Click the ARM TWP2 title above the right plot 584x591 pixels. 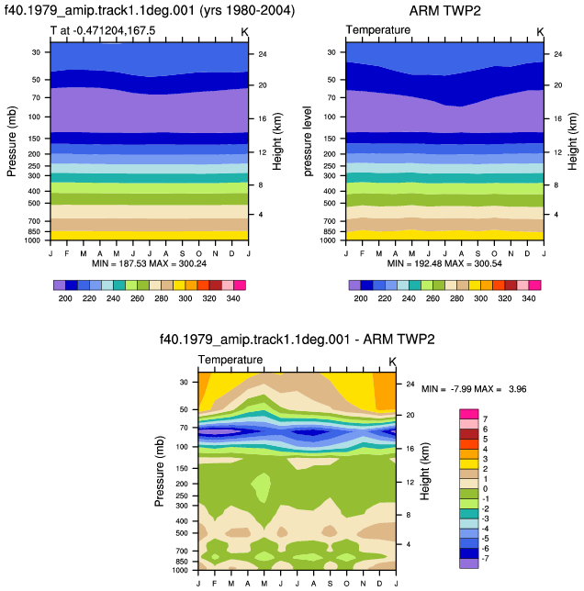coord(444,11)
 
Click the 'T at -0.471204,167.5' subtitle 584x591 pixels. coord(103,30)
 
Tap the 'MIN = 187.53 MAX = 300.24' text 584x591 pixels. coord(150,263)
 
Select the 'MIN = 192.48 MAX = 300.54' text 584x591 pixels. coord(444,263)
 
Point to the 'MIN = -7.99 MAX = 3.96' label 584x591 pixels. coord(474,389)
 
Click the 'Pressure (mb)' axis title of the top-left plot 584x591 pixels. coord(12,141)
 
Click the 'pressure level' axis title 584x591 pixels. coord(308,141)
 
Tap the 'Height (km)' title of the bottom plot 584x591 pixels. coord(425,471)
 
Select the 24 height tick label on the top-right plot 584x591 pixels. coord(558,54)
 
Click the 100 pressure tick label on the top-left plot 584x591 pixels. coord(34,117)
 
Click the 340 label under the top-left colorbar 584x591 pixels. coord(233,298)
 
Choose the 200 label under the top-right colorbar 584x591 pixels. coord(361,298)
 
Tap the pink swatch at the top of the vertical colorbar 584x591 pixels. coord(469,414)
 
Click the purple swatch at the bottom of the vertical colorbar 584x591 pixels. coord(469,563)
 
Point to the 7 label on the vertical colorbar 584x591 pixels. coord(485,419)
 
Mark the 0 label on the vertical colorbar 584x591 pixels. coord(485,489)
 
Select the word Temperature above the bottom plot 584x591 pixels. coord(230,360)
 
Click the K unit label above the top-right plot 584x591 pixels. coord(540,32)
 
